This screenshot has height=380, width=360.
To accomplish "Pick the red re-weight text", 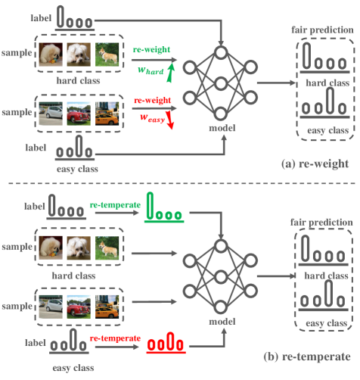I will tap(150, 98).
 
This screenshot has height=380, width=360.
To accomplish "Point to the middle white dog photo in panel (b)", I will tap(79, 246).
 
